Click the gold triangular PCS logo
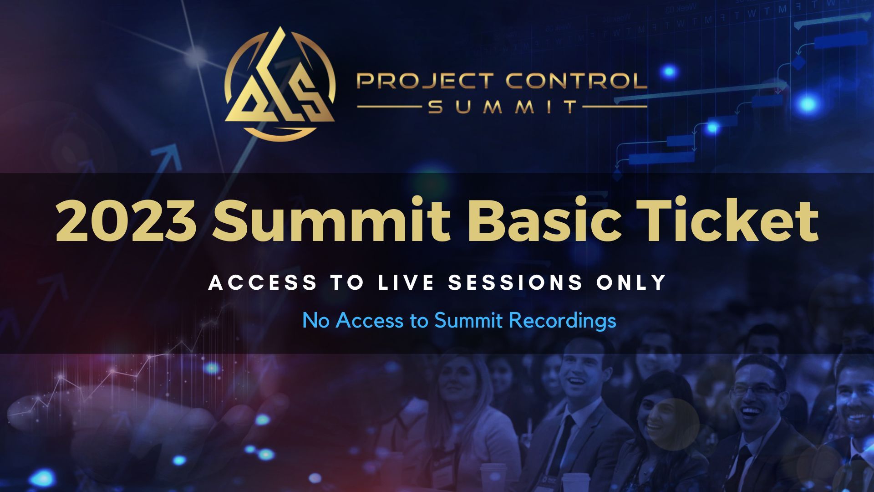tap(280, 84)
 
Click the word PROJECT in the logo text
tap(425, 81)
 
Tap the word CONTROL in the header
tap(576, 81)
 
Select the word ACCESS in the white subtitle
tap(263, 282)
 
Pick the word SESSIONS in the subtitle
tap(516, 282)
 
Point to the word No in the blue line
tap(316, 320)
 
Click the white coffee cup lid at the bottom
tap(493, 467)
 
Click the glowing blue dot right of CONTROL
tap(669, 72)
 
